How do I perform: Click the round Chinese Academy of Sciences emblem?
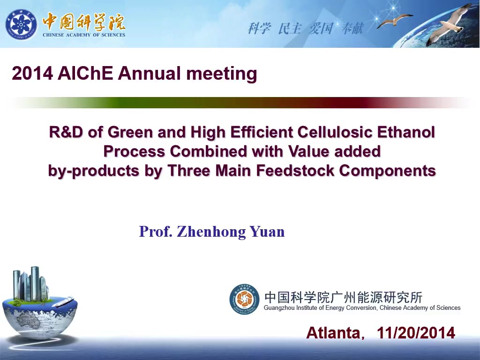(21, 24)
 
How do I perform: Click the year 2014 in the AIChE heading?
(32, 74)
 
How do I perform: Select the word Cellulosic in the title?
(335, 132)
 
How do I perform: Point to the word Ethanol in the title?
(406, 132)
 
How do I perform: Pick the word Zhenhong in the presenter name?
(211, 232)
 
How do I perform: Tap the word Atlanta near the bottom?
(333, 333)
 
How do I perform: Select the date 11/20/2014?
(416, 333)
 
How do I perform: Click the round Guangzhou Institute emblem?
(244, 299)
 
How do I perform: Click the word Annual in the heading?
(150, 74)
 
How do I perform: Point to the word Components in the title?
(388, 171)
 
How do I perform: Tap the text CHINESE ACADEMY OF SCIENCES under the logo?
(84, 35)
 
